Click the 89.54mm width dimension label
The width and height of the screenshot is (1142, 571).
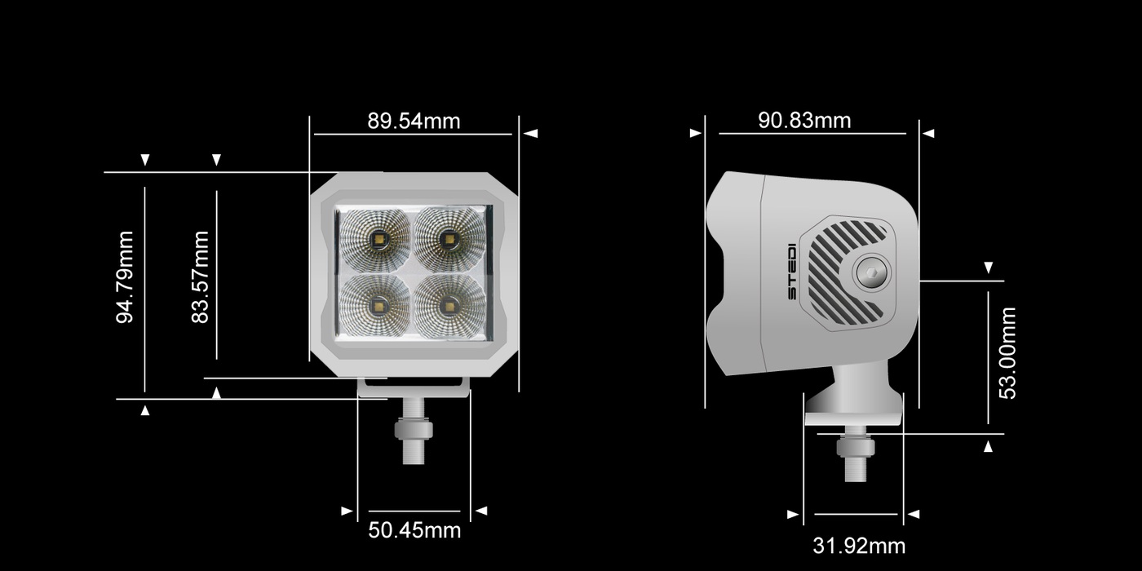414,122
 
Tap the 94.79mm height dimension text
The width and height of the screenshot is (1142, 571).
124,277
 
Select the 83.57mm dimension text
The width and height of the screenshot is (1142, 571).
200,277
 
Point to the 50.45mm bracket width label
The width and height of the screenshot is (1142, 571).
414,530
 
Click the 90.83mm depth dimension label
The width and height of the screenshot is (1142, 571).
804,121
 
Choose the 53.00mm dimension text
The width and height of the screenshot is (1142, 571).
1007,353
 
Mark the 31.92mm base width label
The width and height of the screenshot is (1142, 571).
859,546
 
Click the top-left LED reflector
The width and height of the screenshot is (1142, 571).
376,238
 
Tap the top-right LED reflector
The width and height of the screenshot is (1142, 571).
449,238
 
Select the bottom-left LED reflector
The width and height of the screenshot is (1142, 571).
376,306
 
